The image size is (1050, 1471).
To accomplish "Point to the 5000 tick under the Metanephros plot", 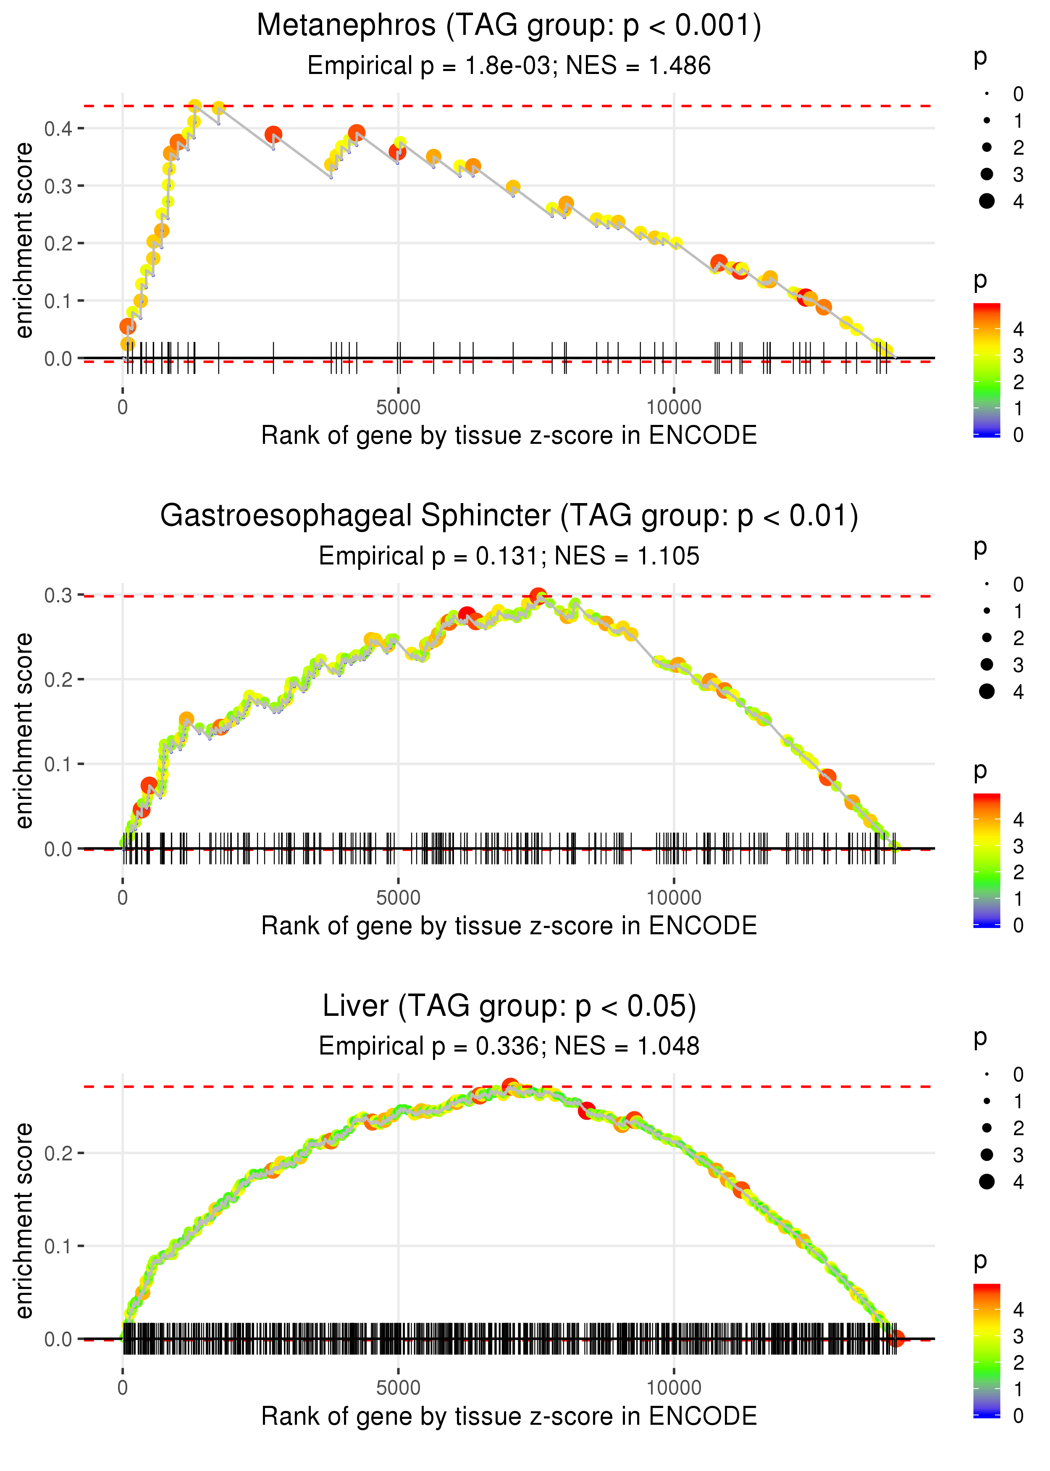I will click(x=398, y=408).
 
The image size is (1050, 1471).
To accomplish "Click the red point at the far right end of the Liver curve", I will click(x=895, y=1338).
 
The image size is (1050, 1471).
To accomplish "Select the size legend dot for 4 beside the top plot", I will click(x=987, y=201).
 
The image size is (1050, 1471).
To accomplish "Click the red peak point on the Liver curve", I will click(x=510, y=1086).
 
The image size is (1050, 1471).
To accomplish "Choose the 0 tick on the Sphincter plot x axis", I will click(x=123, y=898).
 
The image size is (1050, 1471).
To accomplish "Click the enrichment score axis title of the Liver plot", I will click(x=24, y=1220).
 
